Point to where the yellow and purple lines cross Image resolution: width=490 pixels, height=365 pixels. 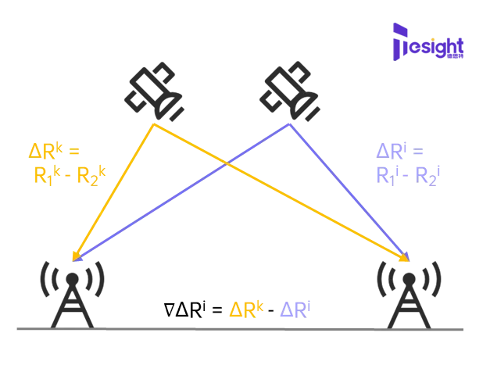pyautogui.click(x=227, y=163)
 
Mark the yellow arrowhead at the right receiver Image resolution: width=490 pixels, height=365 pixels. pyautogui.click(x=407, y=258)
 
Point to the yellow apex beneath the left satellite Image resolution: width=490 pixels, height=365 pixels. pyautogui.click(x=156, y=123)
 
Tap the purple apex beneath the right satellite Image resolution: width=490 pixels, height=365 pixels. pyautogui.click(x=290, y=123)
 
